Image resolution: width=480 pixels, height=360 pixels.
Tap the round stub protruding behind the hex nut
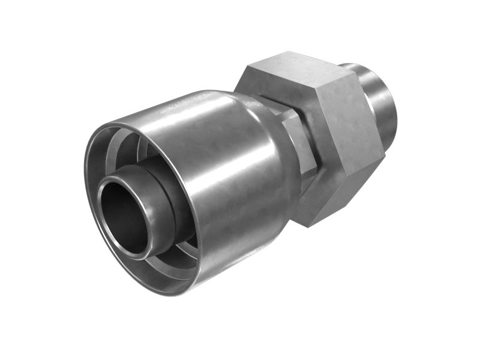pos(378,102)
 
